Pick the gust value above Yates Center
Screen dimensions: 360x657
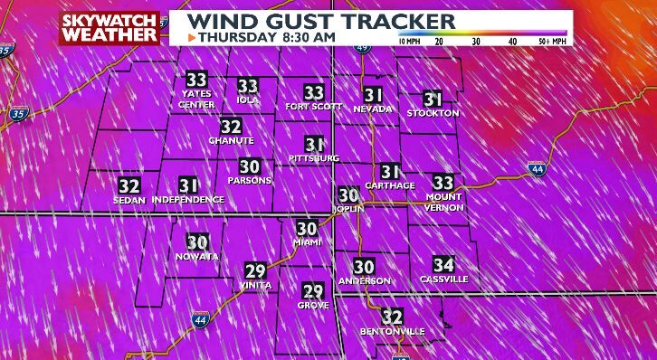(x=196, y=80)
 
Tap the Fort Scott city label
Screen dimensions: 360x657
(x=314, y=107)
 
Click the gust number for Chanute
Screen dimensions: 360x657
(x=231, y=128)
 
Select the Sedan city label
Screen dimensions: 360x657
(x=130, y=200)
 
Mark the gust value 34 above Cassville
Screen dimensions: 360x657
(x=443, y=265)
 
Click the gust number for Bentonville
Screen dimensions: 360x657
(x=392, y=317)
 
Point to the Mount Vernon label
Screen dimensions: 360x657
(x=443, y=202)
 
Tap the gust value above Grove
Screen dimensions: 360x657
(x=313, y=291)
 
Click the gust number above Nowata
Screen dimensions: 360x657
(x=197, y=242)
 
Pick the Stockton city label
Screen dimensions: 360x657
(x=433, y=113)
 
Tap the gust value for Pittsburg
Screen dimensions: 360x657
(x=314, y=145)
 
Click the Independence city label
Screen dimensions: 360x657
(x=188, y=199)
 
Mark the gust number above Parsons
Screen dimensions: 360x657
(x=250, y=166)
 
